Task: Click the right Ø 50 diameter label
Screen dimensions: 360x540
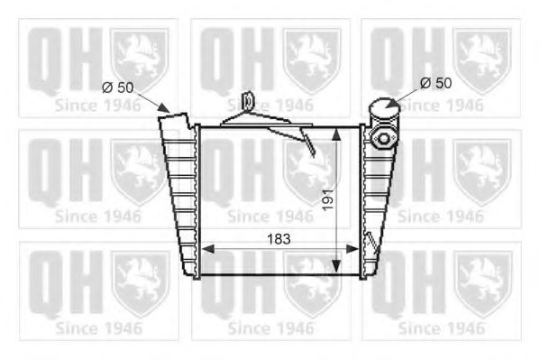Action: click(x=435, y=83)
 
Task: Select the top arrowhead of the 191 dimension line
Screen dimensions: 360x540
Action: click(x=339, y=132)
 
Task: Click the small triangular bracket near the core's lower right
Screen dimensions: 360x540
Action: click(x=369, y=244)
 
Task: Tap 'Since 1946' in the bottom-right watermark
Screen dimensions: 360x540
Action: click(x=441, y=328)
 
